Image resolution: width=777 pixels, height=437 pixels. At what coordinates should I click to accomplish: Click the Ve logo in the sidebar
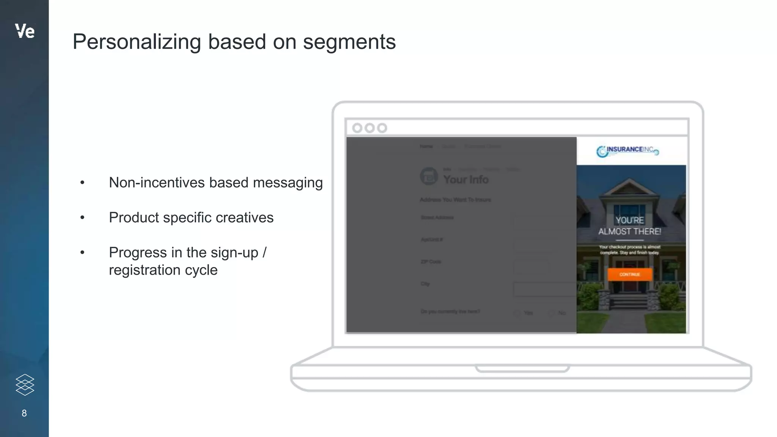25,31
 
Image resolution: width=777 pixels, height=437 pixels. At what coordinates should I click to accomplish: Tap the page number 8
24,413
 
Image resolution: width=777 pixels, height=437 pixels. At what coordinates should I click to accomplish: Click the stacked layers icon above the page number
25,385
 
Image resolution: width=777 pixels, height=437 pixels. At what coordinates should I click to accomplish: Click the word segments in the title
349,42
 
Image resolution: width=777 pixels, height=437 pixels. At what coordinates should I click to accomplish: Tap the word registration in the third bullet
145,270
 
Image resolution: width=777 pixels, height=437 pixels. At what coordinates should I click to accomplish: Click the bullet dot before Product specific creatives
82,218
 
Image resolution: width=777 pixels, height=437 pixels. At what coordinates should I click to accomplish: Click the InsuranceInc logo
628,151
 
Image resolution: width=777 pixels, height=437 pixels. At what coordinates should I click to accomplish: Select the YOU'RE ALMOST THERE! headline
630,226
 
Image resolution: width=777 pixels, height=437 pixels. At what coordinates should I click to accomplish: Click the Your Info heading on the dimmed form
466,179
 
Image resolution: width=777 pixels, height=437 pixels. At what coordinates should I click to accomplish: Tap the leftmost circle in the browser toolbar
357,128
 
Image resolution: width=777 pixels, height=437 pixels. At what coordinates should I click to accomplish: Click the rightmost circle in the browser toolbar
382,128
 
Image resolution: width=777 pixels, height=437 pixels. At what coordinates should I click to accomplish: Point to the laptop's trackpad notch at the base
522,368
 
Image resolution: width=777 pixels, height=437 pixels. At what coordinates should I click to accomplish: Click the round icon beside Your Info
429,176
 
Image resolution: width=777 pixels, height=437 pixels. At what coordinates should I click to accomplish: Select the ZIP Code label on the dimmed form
431,262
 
